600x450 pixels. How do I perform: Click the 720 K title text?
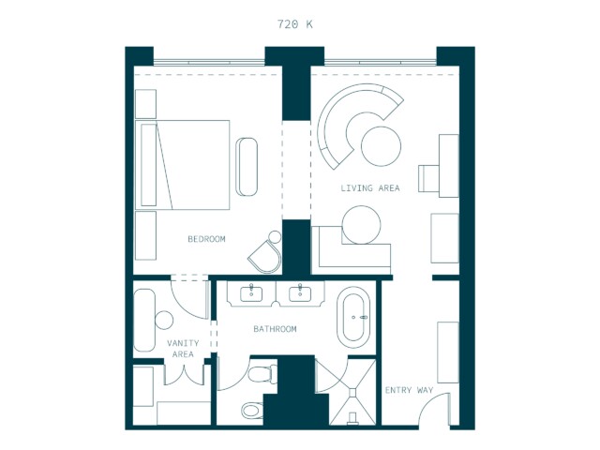coord(295,24)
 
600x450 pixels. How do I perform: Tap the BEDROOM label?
coord(206,239)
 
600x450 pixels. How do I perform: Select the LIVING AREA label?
coord(370,187)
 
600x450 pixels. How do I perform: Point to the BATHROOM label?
coord(275,329)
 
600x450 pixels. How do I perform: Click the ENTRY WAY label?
coord(409,390)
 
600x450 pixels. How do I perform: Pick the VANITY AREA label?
coord(183,349)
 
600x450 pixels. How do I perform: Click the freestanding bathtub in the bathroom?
coord(353,317)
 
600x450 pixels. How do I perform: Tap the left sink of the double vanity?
coord(251,293)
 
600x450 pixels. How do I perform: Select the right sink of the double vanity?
coord(300,293)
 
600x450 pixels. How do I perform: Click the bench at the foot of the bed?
coord(247,167)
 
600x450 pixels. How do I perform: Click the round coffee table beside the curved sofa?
coord(382,146)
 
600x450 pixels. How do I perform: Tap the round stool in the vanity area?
coord(164,320)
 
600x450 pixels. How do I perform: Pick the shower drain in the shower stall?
coord(352,392)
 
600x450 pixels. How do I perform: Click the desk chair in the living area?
coord(428,178)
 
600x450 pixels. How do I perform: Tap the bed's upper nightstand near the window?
coord(146,104)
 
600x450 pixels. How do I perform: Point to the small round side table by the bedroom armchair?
coord(275,237)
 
